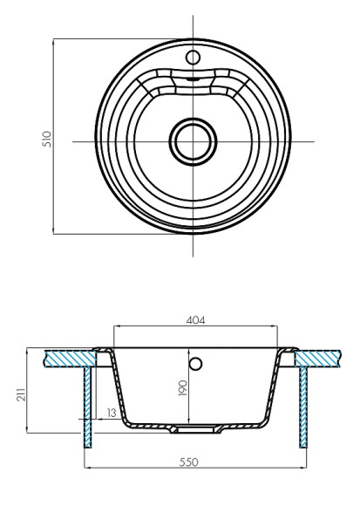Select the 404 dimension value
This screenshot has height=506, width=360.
(x=197, y=321)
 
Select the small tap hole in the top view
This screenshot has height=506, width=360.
(x=191, y=57)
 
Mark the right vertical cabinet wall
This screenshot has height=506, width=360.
(x=303, y=406)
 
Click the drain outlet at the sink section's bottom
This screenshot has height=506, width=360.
(x=195, y=429)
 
